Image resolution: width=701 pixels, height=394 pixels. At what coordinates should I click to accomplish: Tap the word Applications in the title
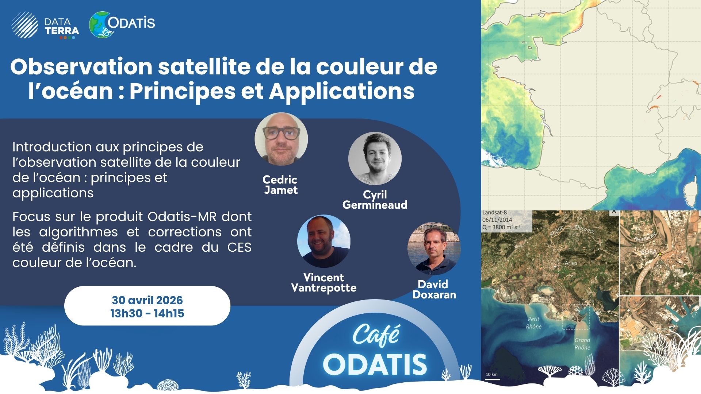click(341, 91)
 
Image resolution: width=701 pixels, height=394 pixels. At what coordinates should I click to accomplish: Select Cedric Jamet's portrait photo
click(281, 139)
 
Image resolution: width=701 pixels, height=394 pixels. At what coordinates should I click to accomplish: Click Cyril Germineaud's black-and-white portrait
click(375, 159)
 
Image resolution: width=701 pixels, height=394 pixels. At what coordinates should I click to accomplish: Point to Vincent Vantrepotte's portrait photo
click(324, 241)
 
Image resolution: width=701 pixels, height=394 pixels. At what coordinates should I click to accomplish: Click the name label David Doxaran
click(434, 290)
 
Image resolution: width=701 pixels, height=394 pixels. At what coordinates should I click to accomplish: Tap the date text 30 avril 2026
click(147, 300)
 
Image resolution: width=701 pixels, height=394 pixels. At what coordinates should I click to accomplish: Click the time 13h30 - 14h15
click(147, 313)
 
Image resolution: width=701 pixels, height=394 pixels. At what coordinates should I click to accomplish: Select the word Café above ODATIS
click(376, 335)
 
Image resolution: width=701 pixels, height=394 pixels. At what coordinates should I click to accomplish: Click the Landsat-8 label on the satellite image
click(494, 213)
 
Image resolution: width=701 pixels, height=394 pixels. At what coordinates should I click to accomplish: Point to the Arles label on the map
click(571, 263)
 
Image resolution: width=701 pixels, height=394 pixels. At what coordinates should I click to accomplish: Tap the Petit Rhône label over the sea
click(533, 323)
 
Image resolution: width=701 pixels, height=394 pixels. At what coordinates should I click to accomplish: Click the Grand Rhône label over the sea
click(582, 344)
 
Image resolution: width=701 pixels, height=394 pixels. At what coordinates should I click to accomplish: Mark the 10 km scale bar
click(493, 379)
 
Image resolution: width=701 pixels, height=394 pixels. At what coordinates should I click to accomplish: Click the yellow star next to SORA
click(660, 254)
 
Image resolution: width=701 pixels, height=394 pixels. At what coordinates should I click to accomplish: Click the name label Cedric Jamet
click(280, 185)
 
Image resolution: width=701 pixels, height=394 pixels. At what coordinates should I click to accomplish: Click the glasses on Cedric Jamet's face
click(281, 133)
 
